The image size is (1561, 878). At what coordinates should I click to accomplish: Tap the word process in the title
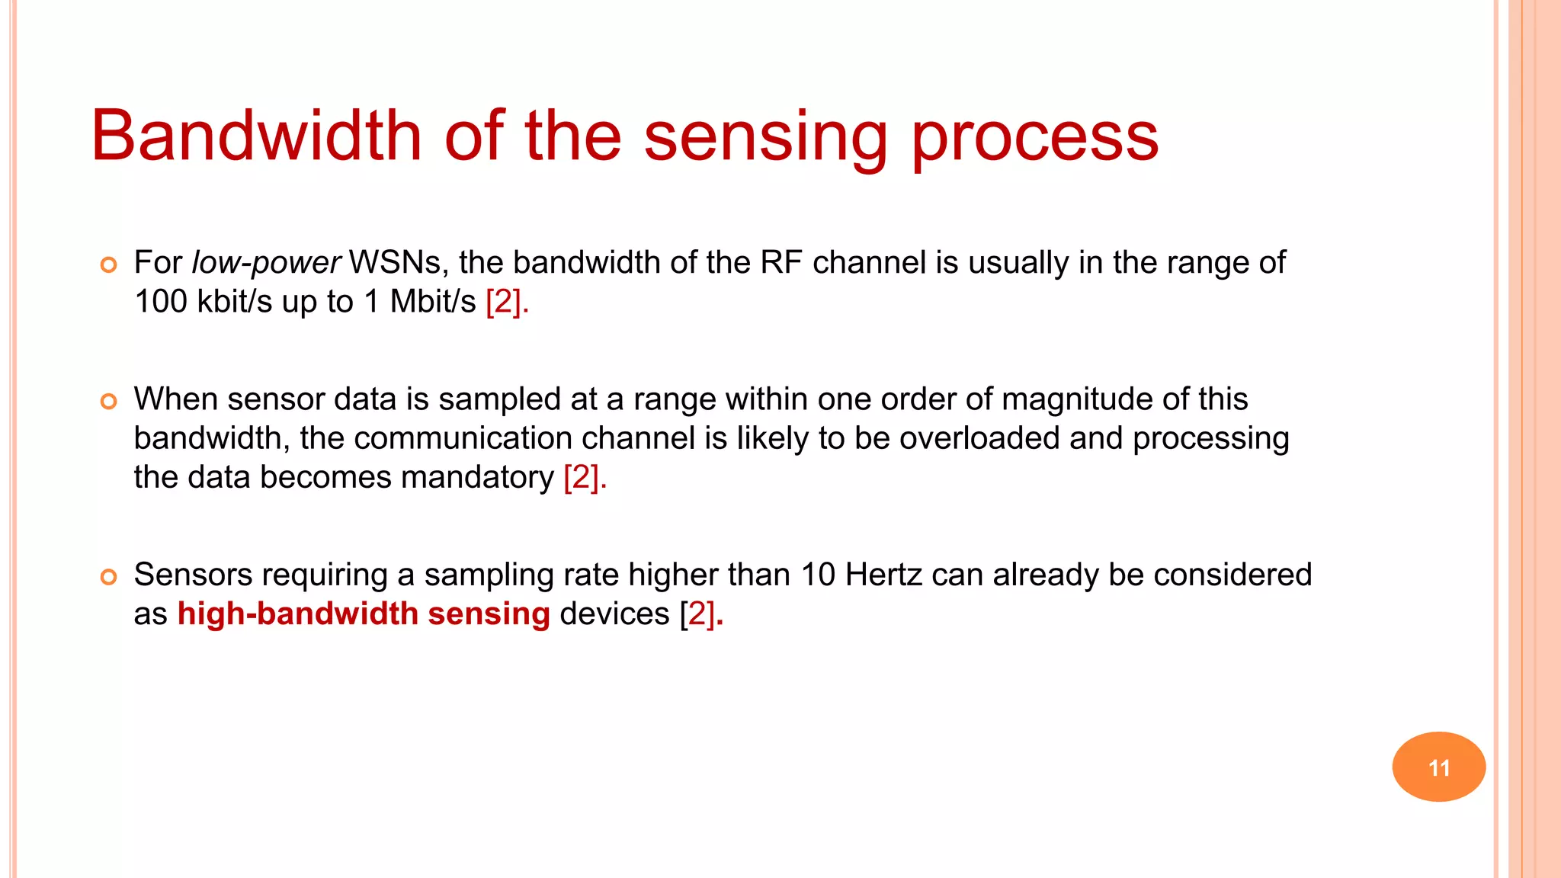pos(1034,137)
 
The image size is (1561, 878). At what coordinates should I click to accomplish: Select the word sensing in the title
pos(765,137)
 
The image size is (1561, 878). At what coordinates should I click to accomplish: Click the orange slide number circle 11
pos(1438,767)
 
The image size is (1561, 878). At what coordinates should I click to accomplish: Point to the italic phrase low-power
pos(265,263)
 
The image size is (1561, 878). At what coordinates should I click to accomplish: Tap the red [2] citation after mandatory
pos(583,478)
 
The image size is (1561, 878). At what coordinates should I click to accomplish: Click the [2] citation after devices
pos(699,614)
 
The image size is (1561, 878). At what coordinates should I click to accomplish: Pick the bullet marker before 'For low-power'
pos(109,265)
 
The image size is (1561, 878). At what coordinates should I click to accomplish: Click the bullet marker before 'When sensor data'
pos(109,402)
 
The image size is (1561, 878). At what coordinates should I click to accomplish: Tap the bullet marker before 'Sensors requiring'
pos(109,577)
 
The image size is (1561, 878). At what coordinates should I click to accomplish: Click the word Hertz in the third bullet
pos(883,575)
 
